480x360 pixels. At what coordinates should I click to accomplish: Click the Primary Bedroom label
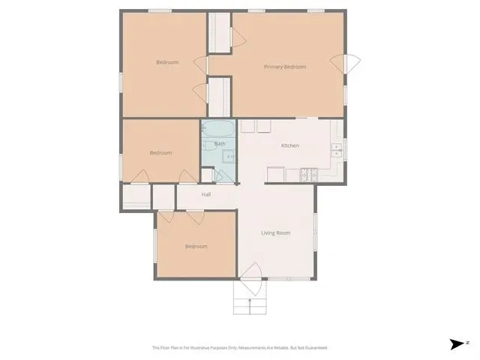[285, 67]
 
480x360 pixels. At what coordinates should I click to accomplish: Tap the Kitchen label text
[290, 145]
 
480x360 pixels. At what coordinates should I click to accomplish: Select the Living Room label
[275, 233]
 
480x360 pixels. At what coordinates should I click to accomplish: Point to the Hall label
[206, 194]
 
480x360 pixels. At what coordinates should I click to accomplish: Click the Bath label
[220, 143]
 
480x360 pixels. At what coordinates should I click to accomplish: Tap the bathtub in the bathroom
[218, 129]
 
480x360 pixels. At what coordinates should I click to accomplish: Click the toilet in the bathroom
[209, 146]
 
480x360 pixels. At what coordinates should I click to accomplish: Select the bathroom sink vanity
[229, 157]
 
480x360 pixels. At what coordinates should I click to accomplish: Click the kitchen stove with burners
[309, 175]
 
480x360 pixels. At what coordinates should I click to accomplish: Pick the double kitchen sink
[337, 150]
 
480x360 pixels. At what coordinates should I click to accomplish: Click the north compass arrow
[457, 344]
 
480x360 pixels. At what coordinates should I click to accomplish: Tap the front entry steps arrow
[250, 307]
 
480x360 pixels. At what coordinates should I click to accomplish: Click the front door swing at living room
[252, 278]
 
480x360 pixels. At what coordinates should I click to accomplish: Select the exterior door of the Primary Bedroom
[345, 64]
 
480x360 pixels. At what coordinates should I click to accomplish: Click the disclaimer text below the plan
[240, 348]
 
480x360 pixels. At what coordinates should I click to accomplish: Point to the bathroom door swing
[223, 176]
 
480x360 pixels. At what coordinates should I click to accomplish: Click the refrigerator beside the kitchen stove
[275, 175]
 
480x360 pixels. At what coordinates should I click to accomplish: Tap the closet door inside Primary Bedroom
[238, 37]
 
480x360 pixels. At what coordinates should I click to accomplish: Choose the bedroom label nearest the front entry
[196, 247]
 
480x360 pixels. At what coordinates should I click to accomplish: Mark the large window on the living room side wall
[315, 232]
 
